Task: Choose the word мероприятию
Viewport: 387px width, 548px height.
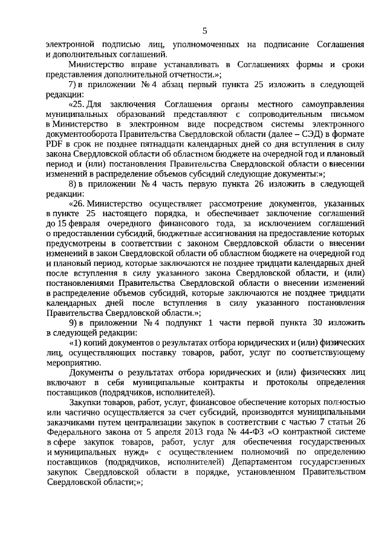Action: tap(73, 362)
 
